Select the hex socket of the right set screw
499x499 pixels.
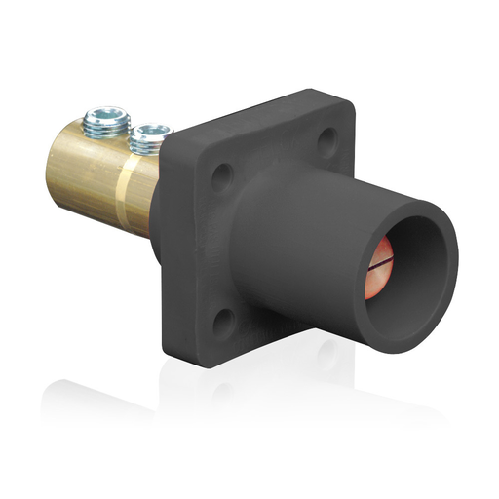[150, 132]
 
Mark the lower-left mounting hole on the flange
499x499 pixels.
[223, 318]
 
